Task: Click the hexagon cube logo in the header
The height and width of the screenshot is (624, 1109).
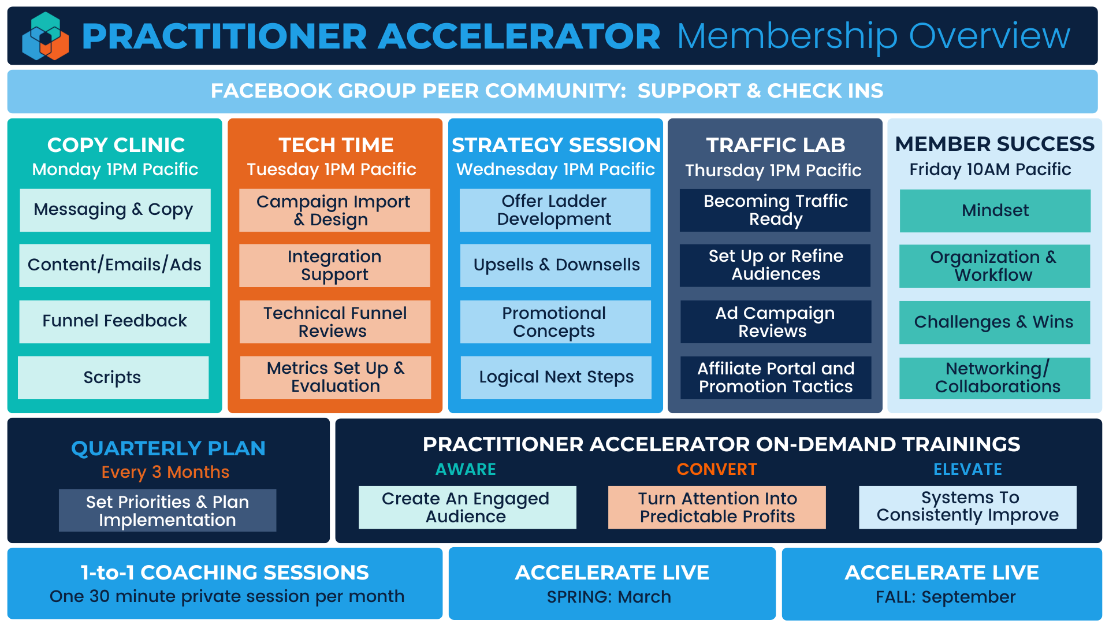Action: click(x=46, y=36)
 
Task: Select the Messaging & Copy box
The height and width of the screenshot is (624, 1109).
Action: click(x=115, y=210)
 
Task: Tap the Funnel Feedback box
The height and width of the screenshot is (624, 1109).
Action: click(x=114, y=321)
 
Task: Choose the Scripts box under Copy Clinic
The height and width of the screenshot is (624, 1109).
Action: click(x=113, y=377)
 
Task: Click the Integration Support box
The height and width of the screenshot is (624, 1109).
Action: click(x=334, y=266)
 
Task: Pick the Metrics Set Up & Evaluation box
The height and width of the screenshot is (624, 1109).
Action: click(x=336, y=377)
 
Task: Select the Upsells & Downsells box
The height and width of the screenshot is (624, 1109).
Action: click(x=556, y=266)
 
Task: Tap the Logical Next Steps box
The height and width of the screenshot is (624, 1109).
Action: click(x=556, y=377)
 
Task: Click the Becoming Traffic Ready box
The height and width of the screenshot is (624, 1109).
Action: click(x=775, y=210)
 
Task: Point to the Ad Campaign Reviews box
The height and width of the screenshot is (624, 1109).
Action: click(x=776, y=322)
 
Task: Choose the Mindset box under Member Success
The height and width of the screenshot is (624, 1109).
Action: click(x=995, y=211)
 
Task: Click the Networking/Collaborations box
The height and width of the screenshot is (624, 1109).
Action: click(x=995, y=378)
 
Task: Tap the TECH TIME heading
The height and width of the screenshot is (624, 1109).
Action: click(x=336, y=145)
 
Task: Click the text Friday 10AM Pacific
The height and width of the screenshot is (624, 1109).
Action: click(x=990, y=169)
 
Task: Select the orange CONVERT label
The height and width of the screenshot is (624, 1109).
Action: click(x=717, y=469)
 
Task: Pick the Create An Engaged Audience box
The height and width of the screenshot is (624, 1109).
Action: click(x=467, y=507)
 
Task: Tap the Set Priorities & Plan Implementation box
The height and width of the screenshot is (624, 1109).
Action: click(x=168, y=511)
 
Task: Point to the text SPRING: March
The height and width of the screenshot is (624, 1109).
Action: click(x=609, y=597)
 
